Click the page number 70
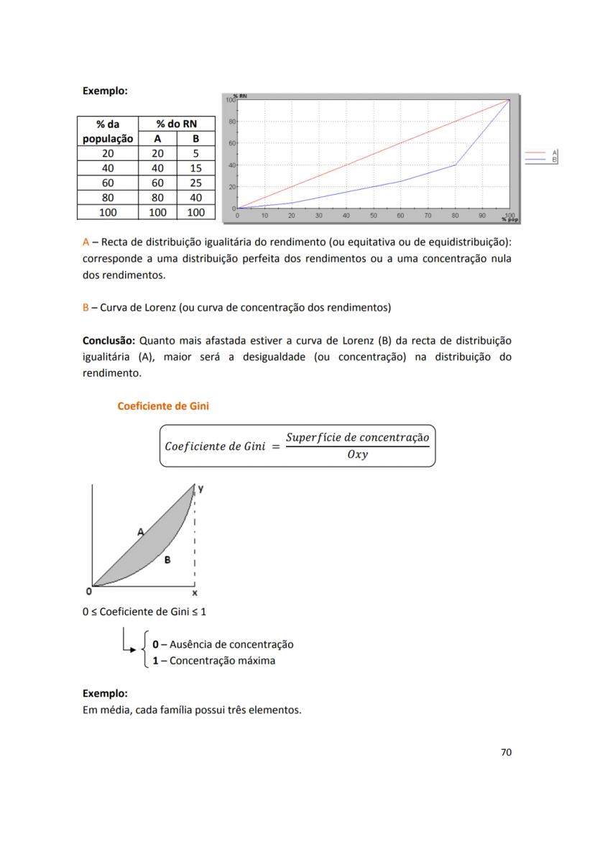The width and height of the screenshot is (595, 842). click(x=506, y=752)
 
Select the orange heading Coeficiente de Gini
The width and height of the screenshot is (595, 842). click(x=163, y=406)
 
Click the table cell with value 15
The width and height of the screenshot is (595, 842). click(x=195, y=168)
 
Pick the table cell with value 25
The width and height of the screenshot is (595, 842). click(x=195, y=183)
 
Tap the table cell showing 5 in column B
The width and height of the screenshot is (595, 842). click(x=195, y=153)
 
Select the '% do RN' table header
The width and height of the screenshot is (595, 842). click(x=176, y=124)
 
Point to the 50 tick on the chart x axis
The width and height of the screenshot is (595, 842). click(x=373, y=215)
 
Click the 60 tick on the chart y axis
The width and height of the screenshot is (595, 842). click(x=232, y=144)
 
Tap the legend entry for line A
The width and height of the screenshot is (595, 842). click(x=540, y=152)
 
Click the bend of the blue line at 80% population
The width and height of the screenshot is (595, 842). click(x=455, y=165)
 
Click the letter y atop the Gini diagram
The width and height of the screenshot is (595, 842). click(x=200, y=488)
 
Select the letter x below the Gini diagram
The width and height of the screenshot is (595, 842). click(x=195, y=594)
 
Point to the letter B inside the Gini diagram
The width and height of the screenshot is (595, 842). click(x=167, y=559)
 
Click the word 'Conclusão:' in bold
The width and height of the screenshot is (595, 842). click(x=109, y=340)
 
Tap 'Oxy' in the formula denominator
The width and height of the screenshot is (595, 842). click(x=357, y=454)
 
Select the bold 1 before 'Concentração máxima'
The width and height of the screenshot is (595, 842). click(x=155, y=660)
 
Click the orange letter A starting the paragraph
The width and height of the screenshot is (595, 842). click(x=86, y=242)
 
